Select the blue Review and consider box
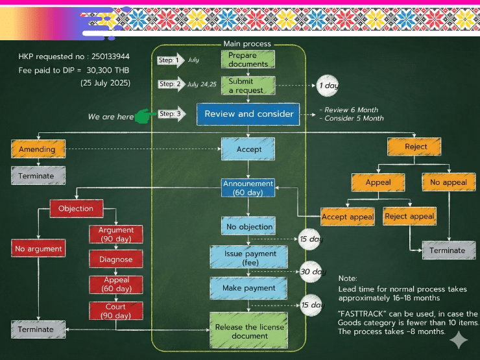(x=248, y=114)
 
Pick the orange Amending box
(x=38, y=149)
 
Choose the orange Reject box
(x=416, y=147)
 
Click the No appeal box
(x=448, y=182)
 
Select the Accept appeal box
(x=347, y=217)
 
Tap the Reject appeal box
(x=409, y=216)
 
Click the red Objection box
(x=77, y=208)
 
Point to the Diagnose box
(x=115, y=259)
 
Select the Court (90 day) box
(x=115, y=311)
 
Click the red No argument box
(x=38, y=248)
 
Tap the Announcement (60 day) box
(x=248, y=188)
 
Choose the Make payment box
(x=248, y=287)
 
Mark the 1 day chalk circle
(x=327, y=85)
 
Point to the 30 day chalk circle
(x=312, y=272)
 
